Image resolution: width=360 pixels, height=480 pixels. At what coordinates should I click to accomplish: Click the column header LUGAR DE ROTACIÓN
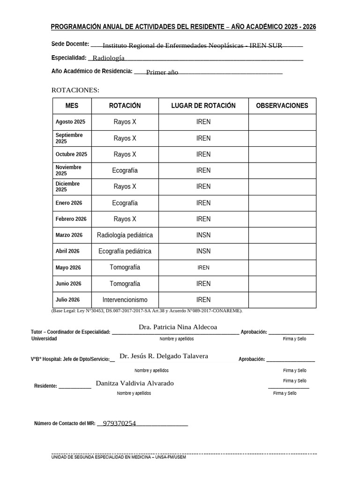coord(203,106)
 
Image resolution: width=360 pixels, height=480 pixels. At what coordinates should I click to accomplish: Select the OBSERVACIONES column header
coord(282,106)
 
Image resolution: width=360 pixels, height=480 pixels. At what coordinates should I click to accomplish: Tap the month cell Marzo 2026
coord(69,235)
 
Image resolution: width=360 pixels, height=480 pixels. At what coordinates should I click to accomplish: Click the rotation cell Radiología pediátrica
coord(125,235)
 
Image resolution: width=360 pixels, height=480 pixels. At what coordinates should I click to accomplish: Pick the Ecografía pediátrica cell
coord(125,251)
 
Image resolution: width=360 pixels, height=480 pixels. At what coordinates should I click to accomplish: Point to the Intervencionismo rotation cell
coord(125,300)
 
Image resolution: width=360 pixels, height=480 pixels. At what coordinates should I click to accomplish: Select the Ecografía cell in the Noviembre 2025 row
coord(125,171)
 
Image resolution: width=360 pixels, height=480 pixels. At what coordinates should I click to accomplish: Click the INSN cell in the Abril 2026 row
coord(203,251)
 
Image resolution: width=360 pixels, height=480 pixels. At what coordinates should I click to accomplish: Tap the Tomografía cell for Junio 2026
coord(125,284)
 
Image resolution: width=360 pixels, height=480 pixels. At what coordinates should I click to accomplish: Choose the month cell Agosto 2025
coord(70,122)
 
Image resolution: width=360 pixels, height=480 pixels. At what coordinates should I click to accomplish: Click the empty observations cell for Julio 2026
coord(282,300)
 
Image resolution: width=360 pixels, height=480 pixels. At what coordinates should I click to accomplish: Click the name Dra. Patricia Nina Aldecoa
coord(178,327)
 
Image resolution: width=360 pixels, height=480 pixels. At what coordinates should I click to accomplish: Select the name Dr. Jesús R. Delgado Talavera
coord(164,356)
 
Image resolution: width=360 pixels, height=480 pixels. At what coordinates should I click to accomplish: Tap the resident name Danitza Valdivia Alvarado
coord(135,383)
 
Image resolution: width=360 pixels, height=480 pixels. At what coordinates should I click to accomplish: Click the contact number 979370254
coord(119,423)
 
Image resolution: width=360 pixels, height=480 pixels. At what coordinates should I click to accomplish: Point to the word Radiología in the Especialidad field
coord(108,58)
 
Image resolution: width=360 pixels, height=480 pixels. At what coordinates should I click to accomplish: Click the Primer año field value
coord(162,73)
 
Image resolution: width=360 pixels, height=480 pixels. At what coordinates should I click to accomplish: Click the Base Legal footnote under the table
coord(147,311)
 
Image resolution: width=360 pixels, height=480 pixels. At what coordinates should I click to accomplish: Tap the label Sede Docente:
coord(70,44)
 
